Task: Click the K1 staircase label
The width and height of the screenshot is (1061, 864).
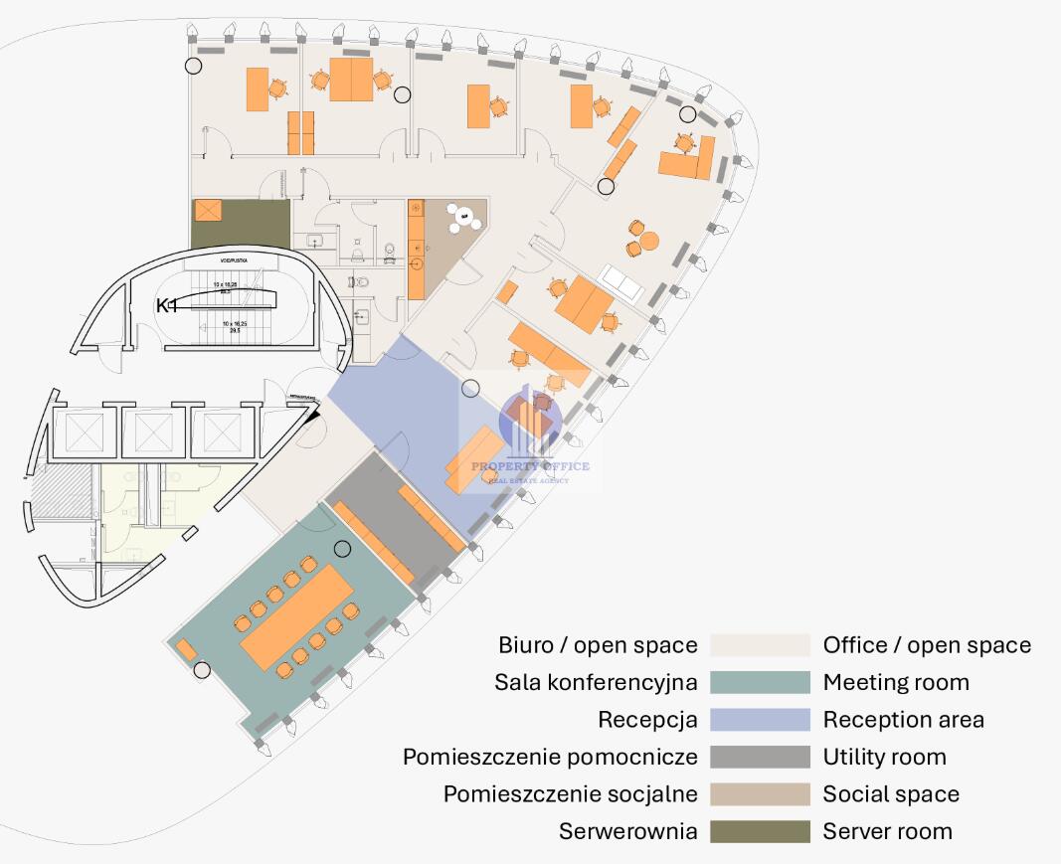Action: pos(166,306)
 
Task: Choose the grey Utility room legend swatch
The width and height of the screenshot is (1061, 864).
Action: pos(760,757)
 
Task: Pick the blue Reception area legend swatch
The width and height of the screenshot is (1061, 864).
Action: pos(760,720)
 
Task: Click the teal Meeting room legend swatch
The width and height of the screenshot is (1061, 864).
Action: pos(760,683)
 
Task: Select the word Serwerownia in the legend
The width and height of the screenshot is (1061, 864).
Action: pos(627,831)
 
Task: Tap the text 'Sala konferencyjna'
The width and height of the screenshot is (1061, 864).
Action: pos(596,683)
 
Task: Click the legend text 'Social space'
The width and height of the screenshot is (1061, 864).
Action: pos(891,794)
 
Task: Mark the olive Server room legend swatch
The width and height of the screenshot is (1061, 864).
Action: pos(760,831)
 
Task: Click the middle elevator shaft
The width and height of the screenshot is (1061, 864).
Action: pos(153,432)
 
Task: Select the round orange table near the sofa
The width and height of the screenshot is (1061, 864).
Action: pos(648,241)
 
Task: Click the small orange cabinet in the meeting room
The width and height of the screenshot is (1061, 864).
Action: pos(186,650)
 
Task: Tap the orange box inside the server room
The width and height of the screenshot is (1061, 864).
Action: pos(210,212)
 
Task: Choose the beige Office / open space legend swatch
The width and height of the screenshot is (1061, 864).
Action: pos(760,645)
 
